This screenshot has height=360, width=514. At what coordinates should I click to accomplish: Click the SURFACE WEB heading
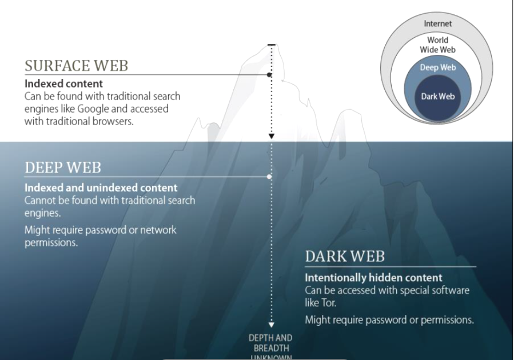click(x=77, y=66)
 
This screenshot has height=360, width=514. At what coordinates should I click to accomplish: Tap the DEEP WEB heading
click(x=63, y=167)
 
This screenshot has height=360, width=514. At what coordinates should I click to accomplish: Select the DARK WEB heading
click(x=345, y=256)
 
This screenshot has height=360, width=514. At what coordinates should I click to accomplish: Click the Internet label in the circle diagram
click(x=437, y=23)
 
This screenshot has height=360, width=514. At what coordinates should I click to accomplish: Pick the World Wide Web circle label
click(x=437, y=45)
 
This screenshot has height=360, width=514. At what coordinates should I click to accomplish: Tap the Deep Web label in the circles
click(x=438, y=67)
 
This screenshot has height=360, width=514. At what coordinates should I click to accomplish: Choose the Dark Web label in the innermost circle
click(x=438, y=97)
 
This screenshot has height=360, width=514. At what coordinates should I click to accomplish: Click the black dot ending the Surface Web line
click(x=269, y=75)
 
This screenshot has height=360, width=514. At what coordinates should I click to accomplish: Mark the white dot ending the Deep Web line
click(x=269, y=177)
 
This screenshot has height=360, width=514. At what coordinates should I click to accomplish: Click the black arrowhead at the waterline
click(x=272, y=136)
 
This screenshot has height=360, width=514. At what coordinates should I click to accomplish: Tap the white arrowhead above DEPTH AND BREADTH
click(x=272, y=325)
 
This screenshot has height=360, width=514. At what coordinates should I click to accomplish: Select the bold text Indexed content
click(x=63, y=84)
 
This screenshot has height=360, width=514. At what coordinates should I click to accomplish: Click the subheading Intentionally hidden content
click(x=374, y=278)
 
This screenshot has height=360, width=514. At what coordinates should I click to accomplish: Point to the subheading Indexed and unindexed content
click(x=101, y=187)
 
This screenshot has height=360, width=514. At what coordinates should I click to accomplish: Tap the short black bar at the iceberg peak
click(x=272, y=45)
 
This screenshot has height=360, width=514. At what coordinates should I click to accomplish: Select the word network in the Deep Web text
click(x=158, y=230)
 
